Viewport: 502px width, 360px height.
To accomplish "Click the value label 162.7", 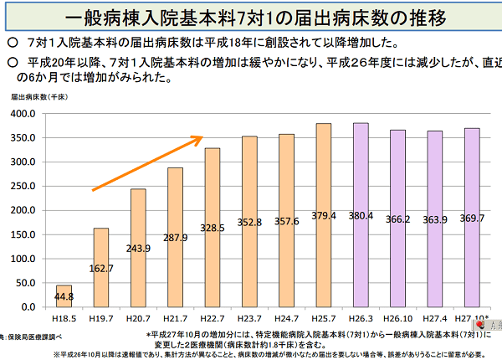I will tap(100, 269).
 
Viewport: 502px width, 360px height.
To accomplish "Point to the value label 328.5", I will tap(213, 228).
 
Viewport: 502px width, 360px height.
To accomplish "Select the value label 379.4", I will tap(325, 215).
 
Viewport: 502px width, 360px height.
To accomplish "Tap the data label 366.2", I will tap(399, 220).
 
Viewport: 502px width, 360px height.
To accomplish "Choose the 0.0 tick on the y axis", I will tap(28, 308).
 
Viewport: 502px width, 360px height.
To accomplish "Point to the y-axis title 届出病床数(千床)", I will tap(38, 97).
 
